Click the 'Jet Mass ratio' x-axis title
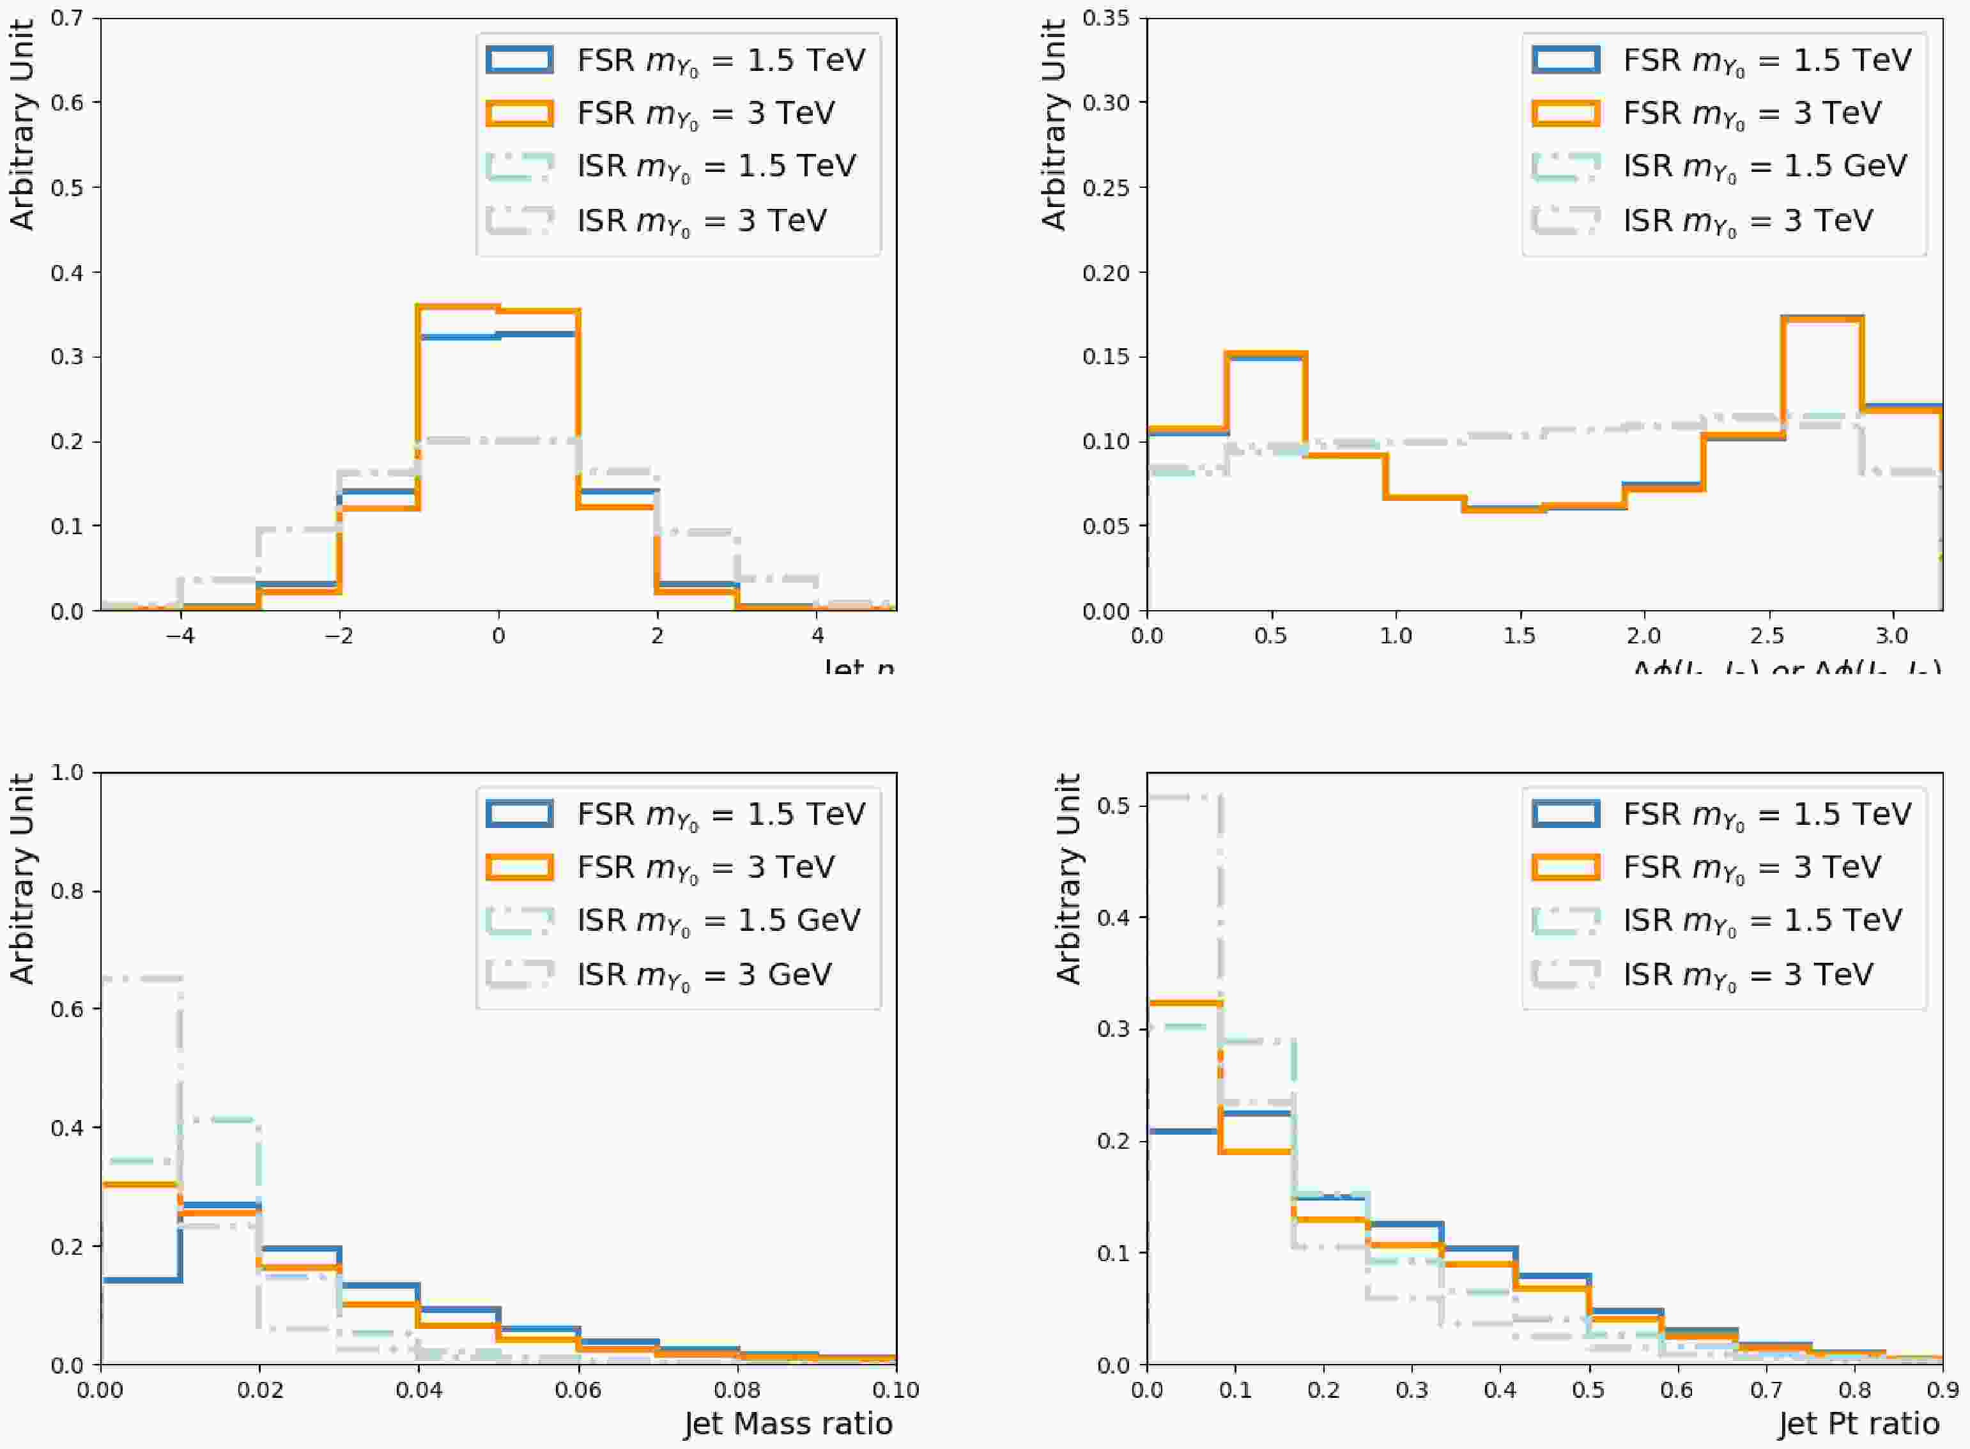pos(788,1423)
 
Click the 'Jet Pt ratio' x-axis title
pos(1859,1423)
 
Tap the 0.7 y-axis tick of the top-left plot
pos(68,17)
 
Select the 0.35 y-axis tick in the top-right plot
pos(1107,17)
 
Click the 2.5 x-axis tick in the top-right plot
pos(1768,635)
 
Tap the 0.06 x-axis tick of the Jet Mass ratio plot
pos(579,1390)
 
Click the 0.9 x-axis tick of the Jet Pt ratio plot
pos(1942,1390)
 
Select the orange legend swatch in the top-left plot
pos(519,113)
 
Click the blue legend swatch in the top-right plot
pos(1566,59)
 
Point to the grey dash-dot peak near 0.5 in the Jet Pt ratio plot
pos(1182,797)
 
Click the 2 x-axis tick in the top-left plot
pos(658,635)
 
